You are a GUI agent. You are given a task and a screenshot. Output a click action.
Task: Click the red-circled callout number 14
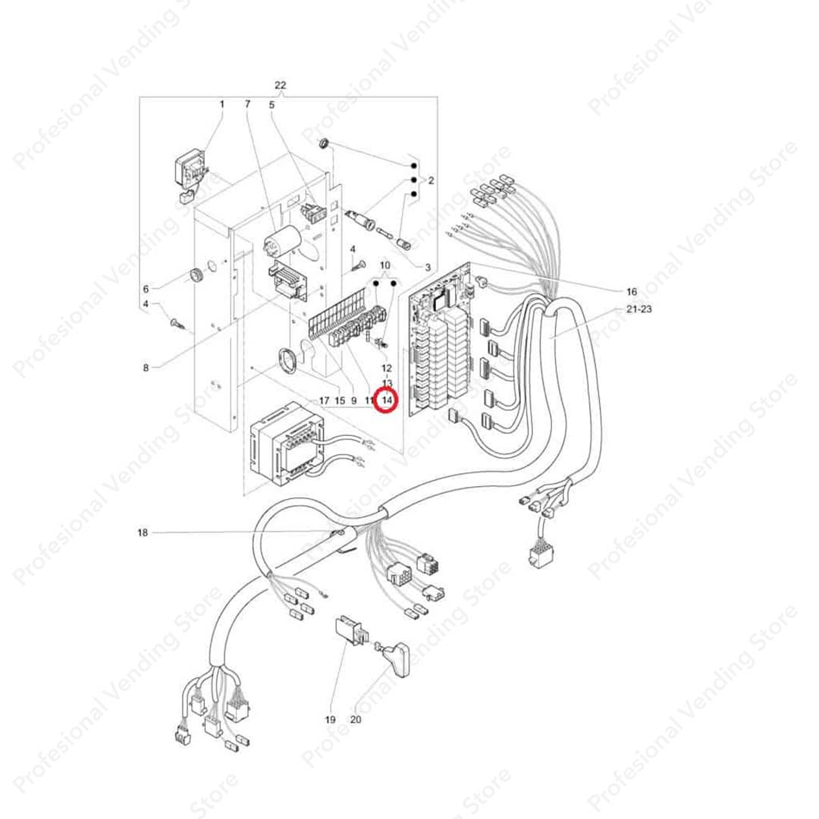387,400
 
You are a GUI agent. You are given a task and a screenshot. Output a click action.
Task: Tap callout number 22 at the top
282,85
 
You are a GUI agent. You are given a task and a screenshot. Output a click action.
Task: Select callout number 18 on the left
143,533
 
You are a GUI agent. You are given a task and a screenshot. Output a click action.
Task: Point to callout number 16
632,291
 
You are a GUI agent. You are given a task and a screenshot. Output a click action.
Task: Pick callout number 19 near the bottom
330,719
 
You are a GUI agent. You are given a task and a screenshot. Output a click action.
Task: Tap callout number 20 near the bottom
356,719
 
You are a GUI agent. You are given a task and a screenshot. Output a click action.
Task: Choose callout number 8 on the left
146,369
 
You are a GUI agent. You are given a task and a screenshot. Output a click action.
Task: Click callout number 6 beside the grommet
146,289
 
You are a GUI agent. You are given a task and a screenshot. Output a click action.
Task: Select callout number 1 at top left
222,103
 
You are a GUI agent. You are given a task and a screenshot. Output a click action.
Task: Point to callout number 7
246,103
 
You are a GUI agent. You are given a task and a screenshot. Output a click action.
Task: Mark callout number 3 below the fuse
427,268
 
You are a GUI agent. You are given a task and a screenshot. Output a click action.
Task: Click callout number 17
324,400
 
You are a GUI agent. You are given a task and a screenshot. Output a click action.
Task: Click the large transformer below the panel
287,449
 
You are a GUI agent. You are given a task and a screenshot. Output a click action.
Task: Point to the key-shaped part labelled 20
396,653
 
